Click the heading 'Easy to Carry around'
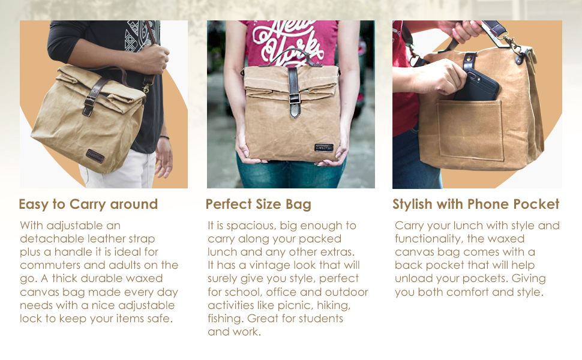click(x=88, y=204)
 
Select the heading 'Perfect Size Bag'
click(x=259, y=204)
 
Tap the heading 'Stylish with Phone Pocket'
click(x=476, y=204)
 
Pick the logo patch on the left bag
click(x=95, y=154)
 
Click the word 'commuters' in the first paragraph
click(x=50, y=265)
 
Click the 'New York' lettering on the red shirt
click(x=288, y=39)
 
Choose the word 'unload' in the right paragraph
click(x=413, y=278)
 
